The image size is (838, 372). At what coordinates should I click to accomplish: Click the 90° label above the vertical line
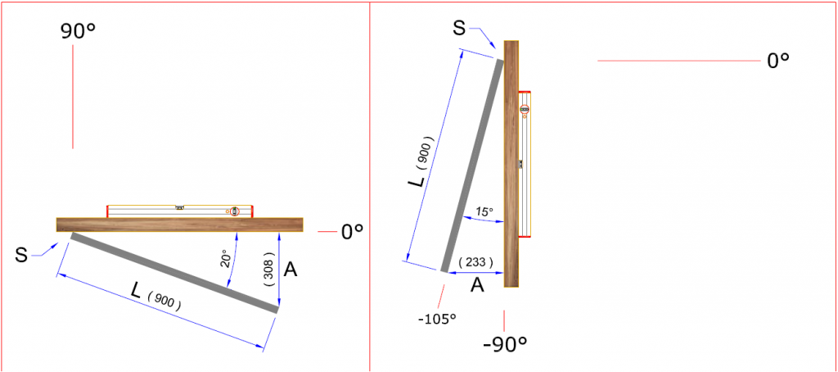77,32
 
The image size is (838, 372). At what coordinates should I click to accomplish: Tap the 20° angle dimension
224,260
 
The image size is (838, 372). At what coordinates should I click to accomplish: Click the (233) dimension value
475,262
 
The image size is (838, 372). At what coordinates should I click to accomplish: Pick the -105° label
438,319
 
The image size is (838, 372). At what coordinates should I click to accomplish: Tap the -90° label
505,343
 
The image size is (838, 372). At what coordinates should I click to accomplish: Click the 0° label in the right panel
778,61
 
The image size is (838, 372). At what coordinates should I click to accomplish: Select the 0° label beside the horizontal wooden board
352,232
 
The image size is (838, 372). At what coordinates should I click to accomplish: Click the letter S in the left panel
21,256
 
